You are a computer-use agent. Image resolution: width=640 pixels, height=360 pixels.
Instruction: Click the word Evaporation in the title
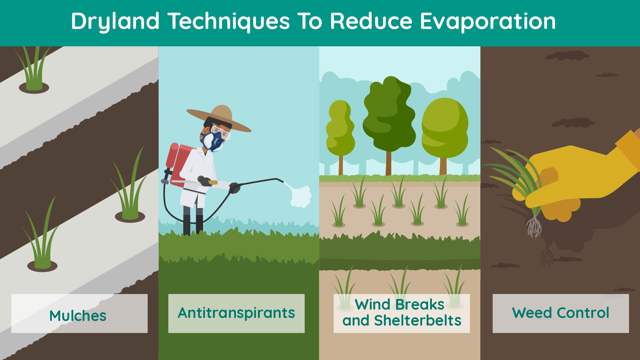pyautogui.click(x=488, y=21)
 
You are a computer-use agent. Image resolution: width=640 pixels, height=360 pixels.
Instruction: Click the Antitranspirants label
pyautogui.click(x=236, y=313)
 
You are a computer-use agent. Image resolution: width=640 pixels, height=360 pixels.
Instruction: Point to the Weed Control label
pyautogui.click(x=561, y=313)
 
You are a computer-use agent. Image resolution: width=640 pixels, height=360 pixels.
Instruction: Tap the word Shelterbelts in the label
pyautogui.click(x=417, y=321)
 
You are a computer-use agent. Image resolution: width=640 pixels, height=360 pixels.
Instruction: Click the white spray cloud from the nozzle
pyautogui.click(x=301, y=196)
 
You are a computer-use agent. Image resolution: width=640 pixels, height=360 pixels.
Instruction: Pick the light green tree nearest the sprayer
pyautogui.click(x=340, y=137)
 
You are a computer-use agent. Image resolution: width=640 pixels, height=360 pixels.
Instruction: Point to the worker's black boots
pyautogui.click(x=193, y=225)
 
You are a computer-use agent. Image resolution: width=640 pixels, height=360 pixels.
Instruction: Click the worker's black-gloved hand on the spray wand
pyautogui.click(x=235, y=188)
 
